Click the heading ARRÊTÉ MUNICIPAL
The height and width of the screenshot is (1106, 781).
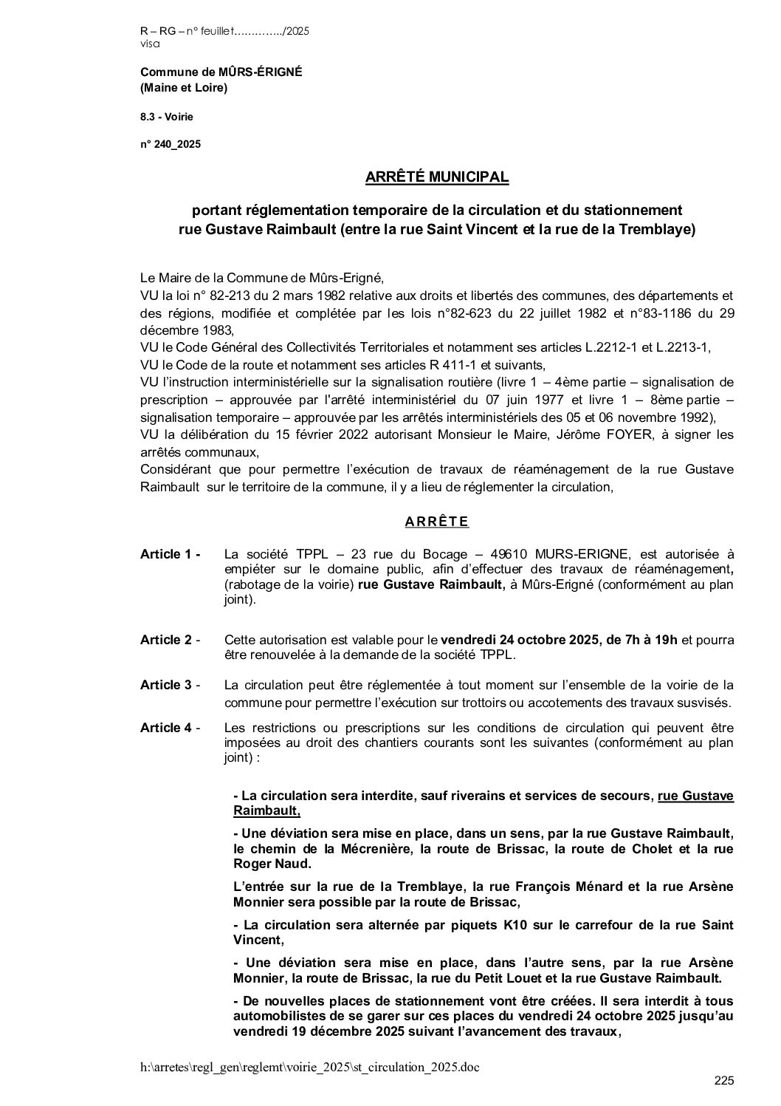coord(437,177)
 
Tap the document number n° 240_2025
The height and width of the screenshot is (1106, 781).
coord(171,144)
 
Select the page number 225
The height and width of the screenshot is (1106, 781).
coord(724,1081)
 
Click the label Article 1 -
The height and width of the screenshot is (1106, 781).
coord(171,554)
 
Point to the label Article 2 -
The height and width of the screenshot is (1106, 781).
coord(171,640)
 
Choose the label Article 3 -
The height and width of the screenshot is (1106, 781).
coord(171,685)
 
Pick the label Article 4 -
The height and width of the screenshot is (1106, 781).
coord(171,728)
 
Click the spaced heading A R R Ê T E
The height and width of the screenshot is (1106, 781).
coord(437,522)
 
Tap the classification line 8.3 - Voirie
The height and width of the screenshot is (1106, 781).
coord(167,116)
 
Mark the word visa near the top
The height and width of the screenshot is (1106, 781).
coord(149,44)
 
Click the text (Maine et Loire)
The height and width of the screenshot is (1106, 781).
coord(184,88)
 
